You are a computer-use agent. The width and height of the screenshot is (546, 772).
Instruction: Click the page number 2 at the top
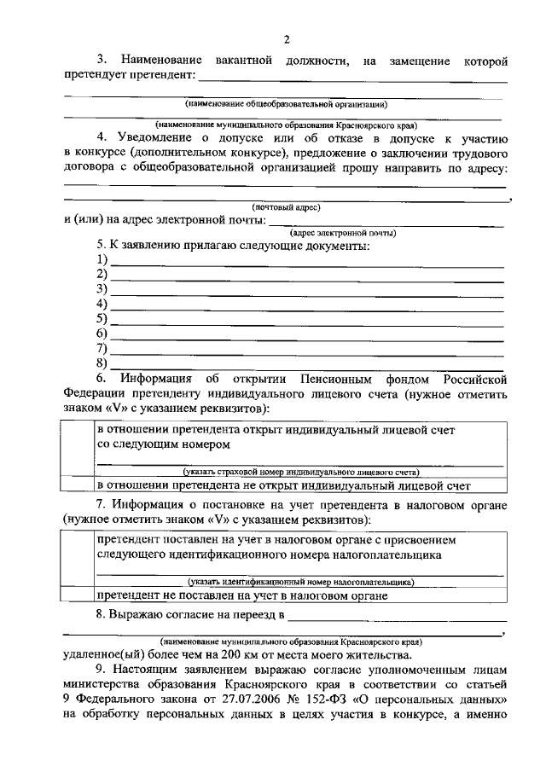pos(288,39)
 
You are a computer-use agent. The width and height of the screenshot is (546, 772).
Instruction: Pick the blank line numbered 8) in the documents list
pos(307,365)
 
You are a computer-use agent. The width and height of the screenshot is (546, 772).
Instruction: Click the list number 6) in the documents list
pos(102,334)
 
